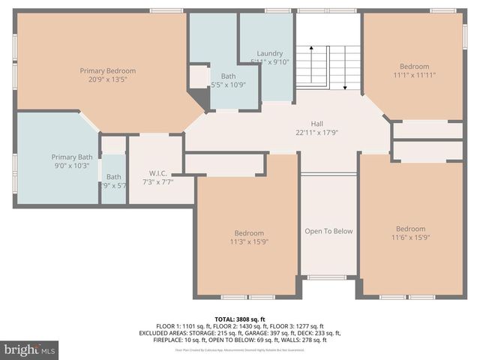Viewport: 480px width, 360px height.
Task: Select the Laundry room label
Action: (269, 53)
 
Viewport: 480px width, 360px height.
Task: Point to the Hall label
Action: (317, 124)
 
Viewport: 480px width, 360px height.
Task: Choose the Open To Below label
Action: (328, 231)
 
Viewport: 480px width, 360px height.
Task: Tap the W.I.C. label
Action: (157, 173)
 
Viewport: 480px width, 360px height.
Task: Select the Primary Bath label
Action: (73, 157)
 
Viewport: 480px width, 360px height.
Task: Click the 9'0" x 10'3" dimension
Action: (73, 165)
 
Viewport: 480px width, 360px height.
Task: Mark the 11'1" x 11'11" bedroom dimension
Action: (414, 75)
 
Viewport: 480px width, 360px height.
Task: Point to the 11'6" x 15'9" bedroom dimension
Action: (410, 237)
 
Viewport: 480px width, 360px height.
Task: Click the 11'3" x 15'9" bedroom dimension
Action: (249, 241)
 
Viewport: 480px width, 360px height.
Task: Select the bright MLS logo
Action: (30, 349)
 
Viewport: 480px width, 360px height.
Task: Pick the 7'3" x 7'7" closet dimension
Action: (157, 181)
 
